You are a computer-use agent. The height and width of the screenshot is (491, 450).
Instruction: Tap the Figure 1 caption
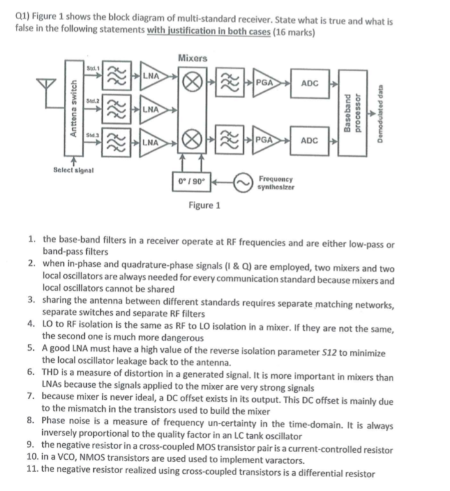204,205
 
